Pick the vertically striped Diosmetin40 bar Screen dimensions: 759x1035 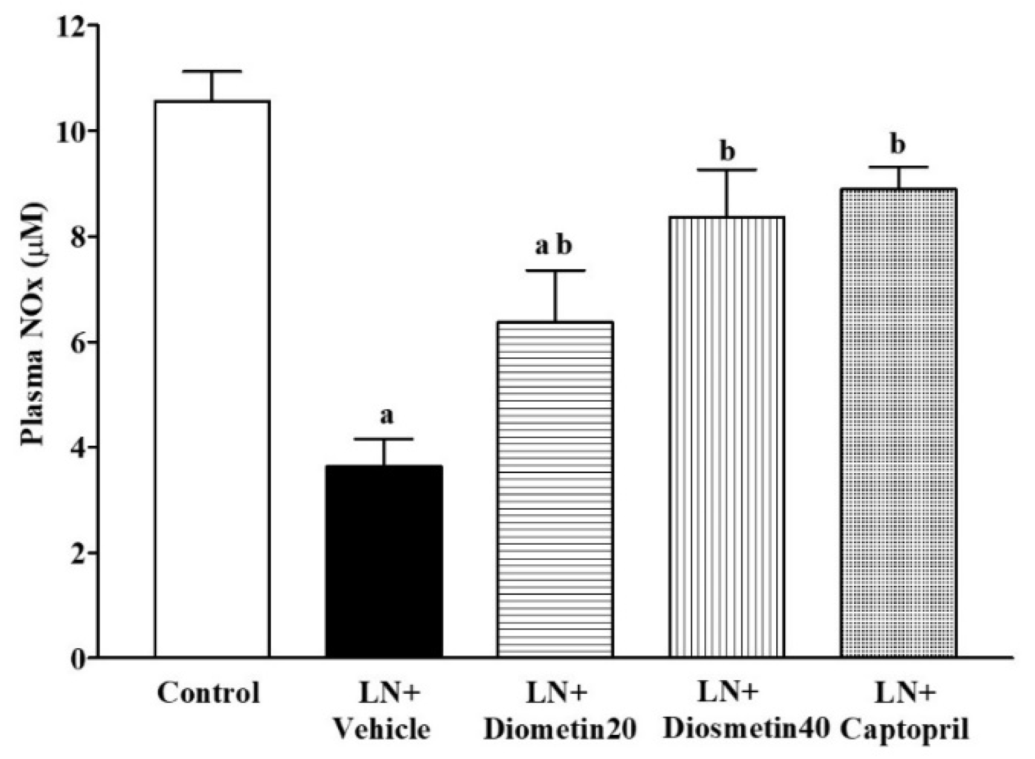pyautogui.click(x=727, y=436)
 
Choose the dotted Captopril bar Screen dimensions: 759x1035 pyautogui.click(x=898, y=422)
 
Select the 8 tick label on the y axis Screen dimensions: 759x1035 pyautogui.click(x=76, y=237)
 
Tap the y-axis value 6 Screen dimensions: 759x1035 pyautogui.click(x=76, y=342)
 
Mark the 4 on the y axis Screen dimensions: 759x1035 pyautogui.click(x=76, y=447)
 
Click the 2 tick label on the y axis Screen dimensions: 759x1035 pyautogui.click(x=76, y=553)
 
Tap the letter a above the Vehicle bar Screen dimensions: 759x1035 pyautogui.click(x=386, y=416)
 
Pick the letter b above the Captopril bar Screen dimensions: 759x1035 pyautogui.click(x=898, y=145)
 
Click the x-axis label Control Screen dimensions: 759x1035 pyautogui.click(x=209, y=693)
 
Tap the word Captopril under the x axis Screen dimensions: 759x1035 pyautogui.click(x=904, y=729)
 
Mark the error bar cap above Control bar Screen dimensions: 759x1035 pyautogui.click(x=212, y=71)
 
